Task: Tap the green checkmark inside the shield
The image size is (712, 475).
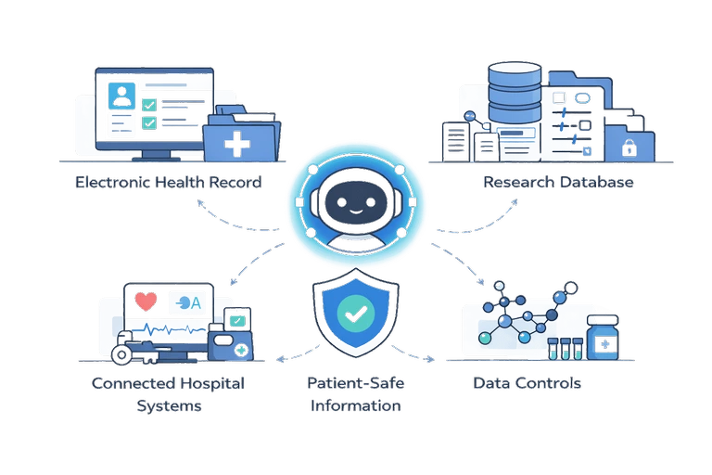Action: [x=356, y=315]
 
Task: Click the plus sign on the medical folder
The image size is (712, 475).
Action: [x=239, y=144]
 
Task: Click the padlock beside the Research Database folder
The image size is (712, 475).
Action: [x=629, y=146]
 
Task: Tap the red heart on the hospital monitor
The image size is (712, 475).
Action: [x=145, y=302]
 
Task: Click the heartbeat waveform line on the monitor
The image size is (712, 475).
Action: [x=167, y=329]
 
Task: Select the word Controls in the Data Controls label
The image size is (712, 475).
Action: [x=553, y=382]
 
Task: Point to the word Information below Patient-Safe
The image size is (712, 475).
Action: [x=356, y=406]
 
